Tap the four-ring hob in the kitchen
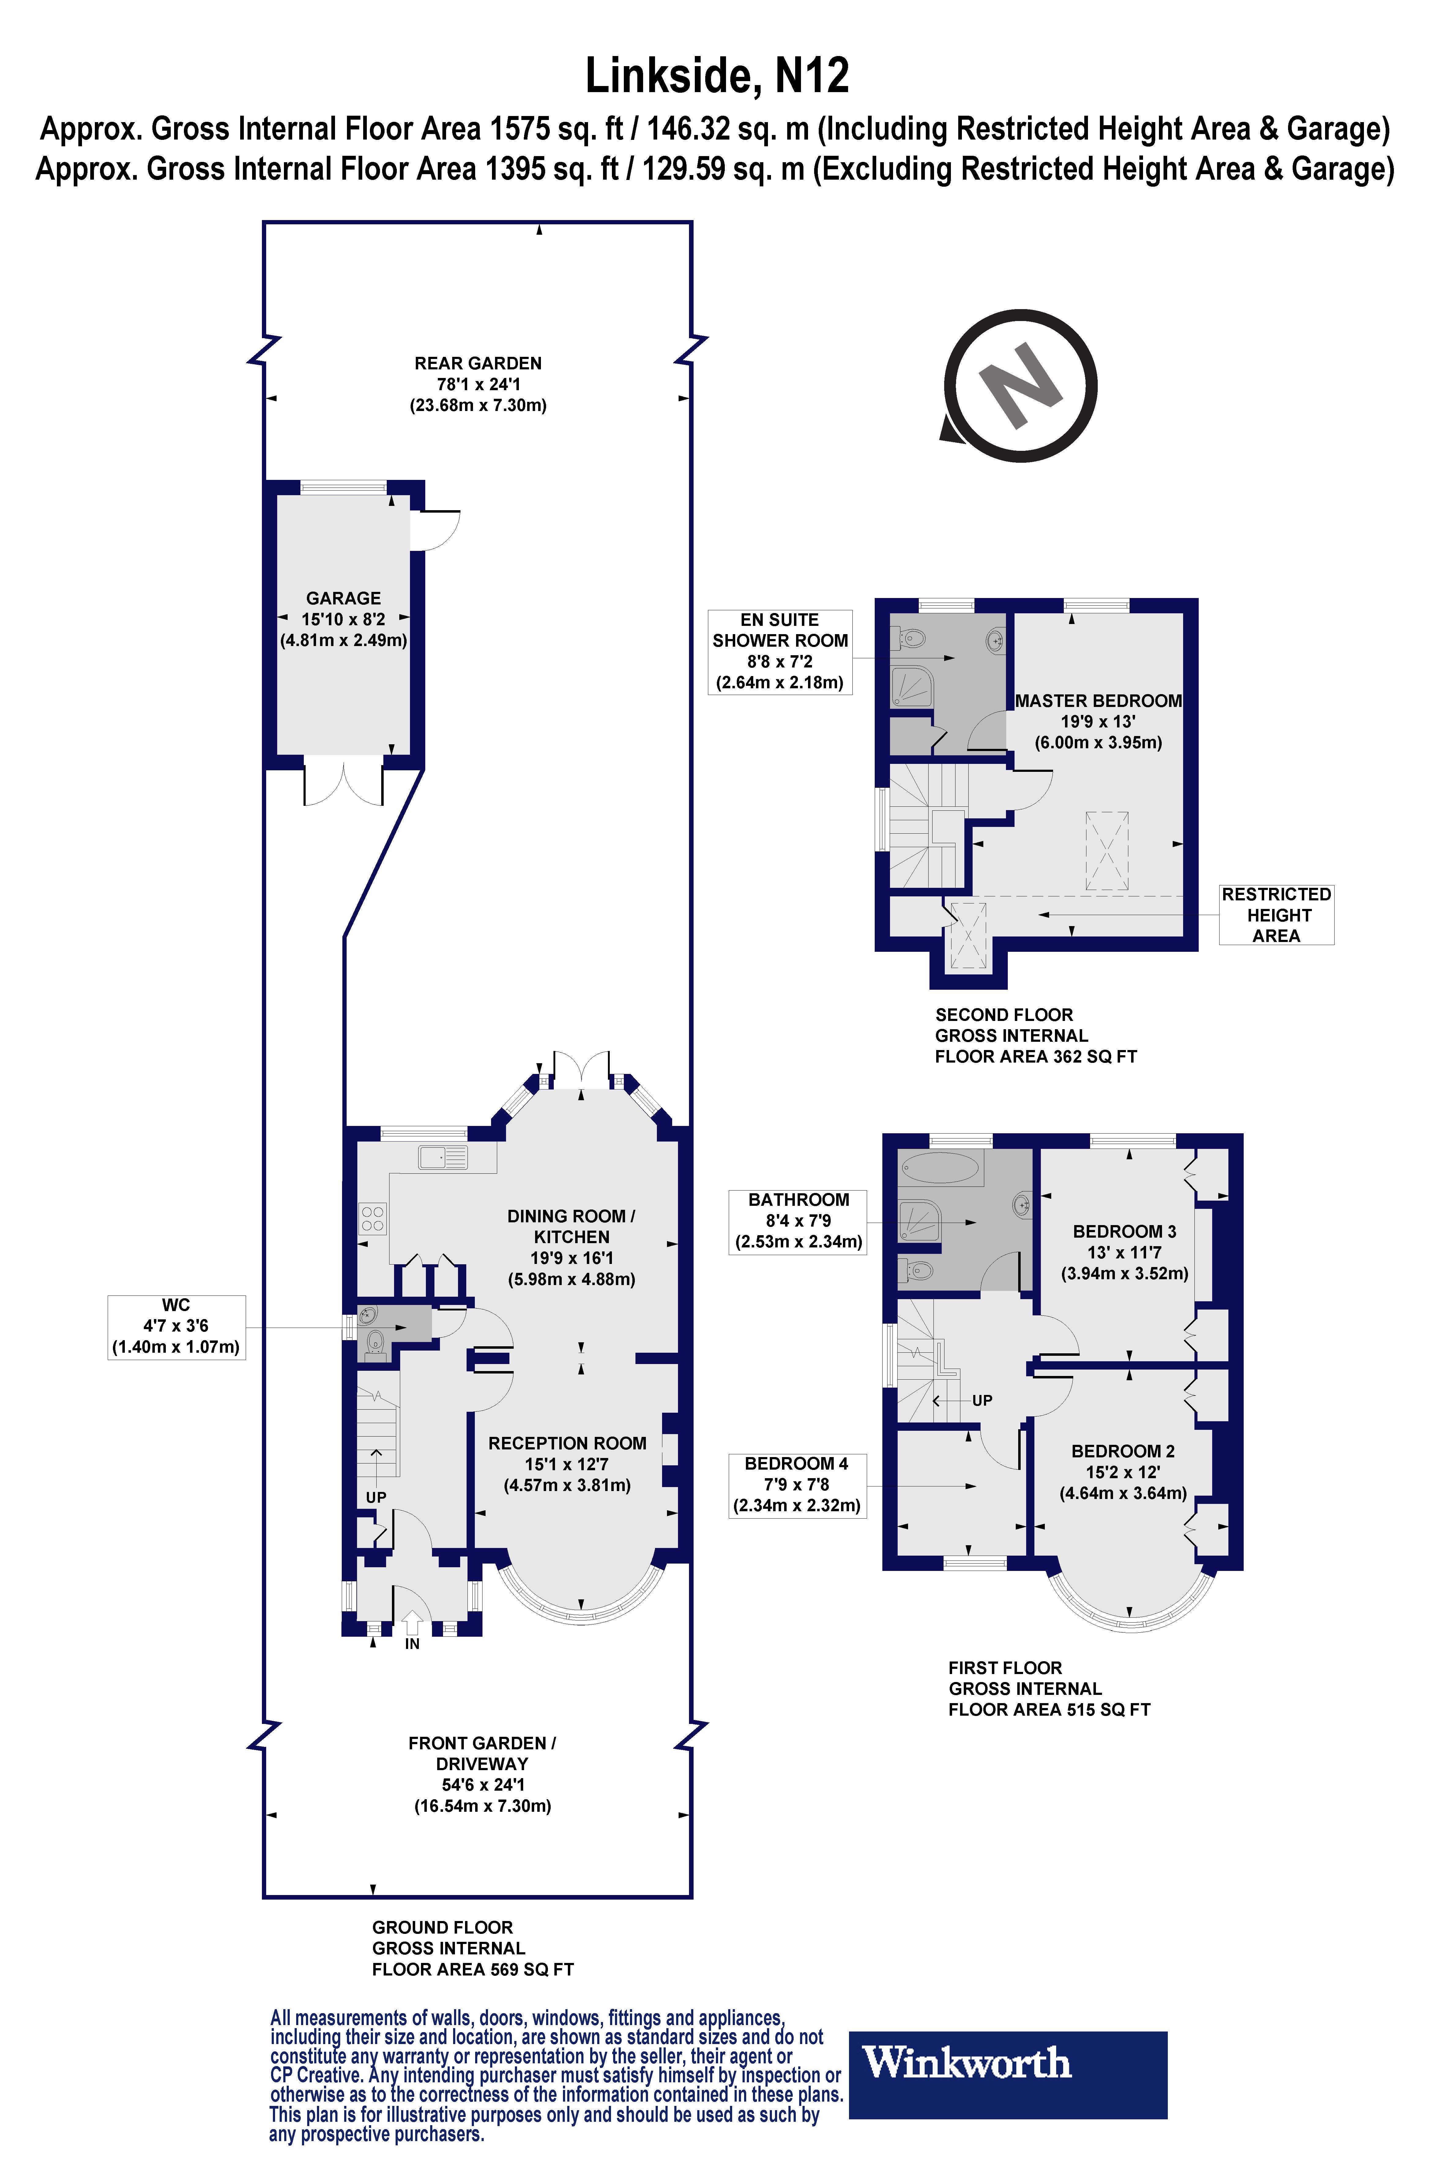(372, 1219)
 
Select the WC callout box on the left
(176, 1326)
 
